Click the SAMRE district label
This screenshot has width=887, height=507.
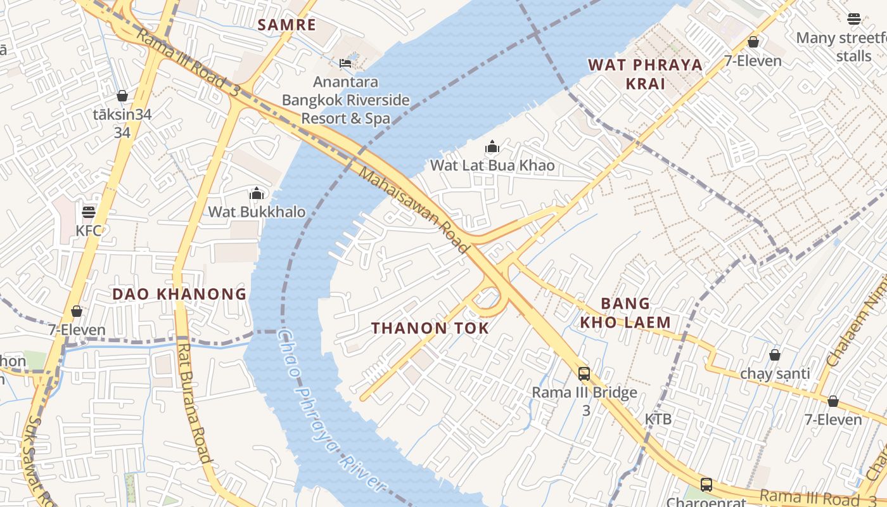287,25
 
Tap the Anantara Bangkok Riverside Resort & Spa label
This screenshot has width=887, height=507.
346,100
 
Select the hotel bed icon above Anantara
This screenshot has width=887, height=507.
345,63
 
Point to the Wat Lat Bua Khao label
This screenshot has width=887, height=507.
492,165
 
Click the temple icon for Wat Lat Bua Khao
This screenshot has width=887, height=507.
492,147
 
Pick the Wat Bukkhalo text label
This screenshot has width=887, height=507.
257,212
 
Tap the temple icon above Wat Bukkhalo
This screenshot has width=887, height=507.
257,193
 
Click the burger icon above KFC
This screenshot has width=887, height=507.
89,212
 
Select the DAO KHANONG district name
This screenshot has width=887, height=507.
179,294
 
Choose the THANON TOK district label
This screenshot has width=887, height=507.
430,328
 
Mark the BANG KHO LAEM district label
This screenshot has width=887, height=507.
625,313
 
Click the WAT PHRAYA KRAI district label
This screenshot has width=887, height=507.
645,74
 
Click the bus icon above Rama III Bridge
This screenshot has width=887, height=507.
584,374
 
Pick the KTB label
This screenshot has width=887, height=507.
658,419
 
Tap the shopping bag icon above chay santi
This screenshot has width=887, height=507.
774,355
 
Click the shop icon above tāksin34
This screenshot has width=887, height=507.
122,96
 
